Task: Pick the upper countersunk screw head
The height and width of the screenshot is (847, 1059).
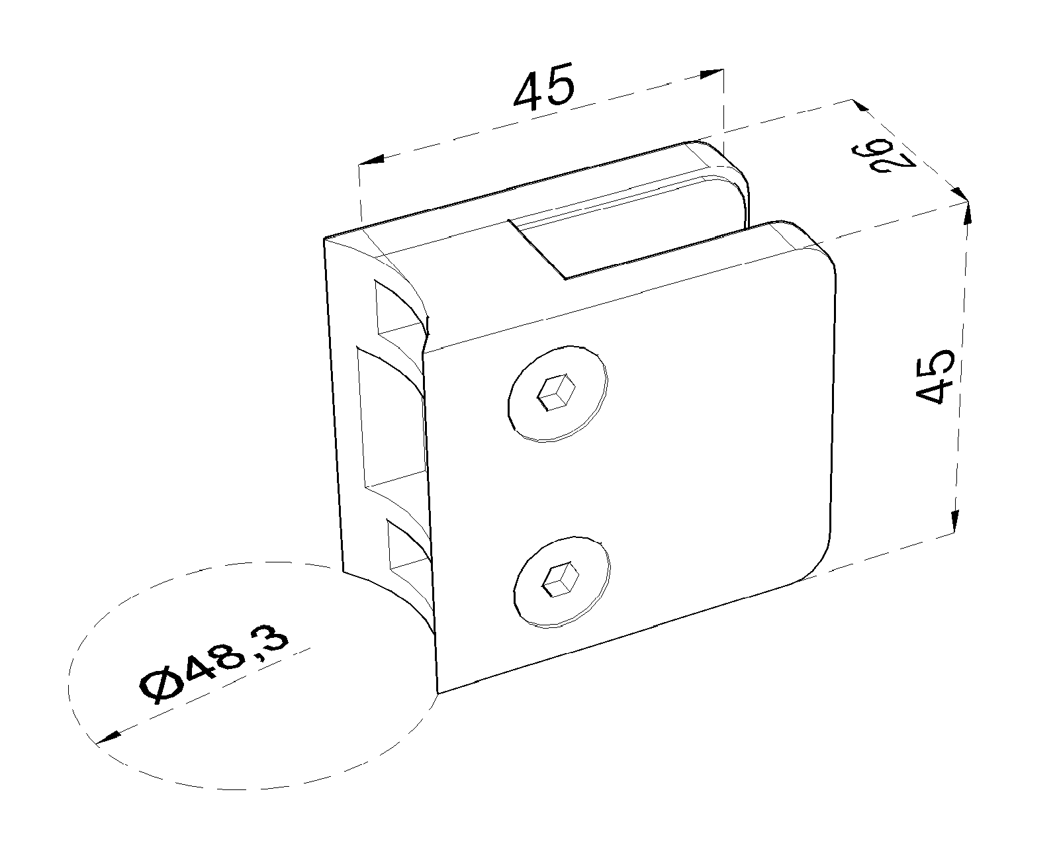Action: pos(557,393)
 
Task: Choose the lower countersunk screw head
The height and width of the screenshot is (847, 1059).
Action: pos(561,582)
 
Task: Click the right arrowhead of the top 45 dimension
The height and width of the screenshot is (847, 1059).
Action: pos(712,74)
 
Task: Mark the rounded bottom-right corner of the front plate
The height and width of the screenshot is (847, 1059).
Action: pos(812,561)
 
